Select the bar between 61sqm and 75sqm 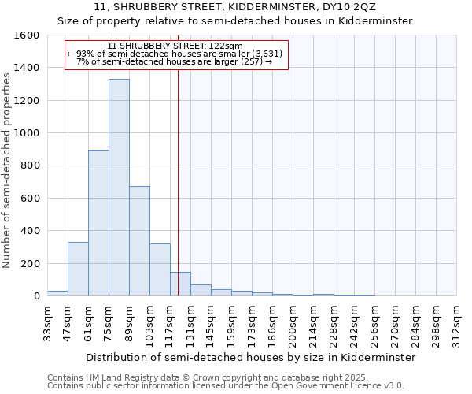98,223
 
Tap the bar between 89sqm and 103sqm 139,241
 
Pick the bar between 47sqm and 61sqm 78,269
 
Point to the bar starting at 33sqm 57,293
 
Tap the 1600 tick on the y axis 27,35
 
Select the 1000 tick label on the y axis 27,133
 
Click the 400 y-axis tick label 30,231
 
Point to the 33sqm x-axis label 48,323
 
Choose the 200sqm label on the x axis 293,323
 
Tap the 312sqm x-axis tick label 457,323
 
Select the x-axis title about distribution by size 250,357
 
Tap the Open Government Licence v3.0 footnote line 225,386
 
